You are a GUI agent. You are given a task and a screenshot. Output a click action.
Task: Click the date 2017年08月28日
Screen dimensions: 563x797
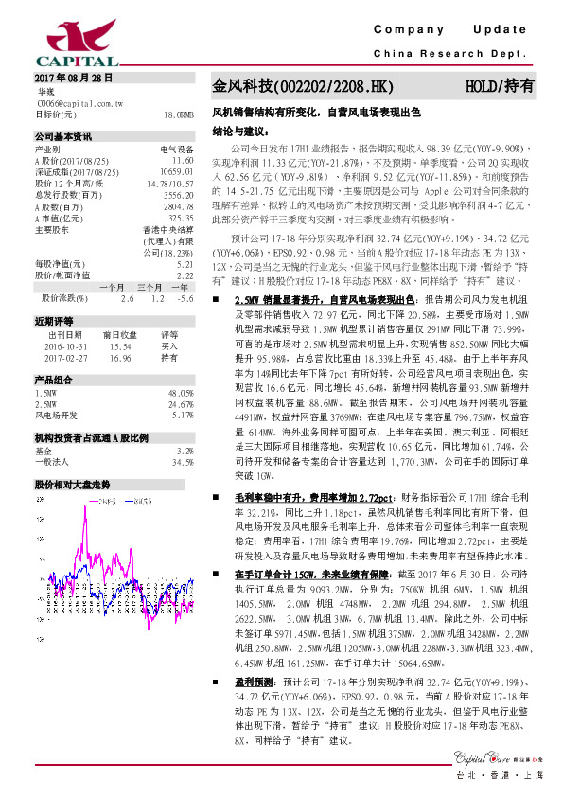point(73,78)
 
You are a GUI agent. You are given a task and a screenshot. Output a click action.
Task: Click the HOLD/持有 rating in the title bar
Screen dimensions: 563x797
point(500,87)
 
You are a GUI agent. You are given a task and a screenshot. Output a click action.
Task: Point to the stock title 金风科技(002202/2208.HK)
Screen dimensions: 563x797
point(301,87)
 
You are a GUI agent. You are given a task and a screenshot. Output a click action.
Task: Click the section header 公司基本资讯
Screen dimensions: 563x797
point(63,136)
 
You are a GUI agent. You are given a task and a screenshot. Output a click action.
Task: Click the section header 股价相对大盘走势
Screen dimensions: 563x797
point(72,483)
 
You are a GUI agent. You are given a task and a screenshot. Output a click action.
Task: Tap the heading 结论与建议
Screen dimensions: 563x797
point(240,130)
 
